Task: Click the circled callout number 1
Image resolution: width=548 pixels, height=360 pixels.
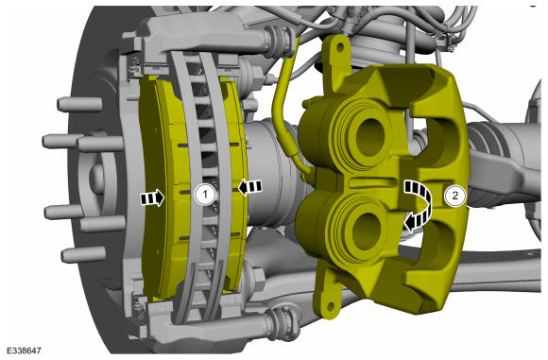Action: tap(205, 194)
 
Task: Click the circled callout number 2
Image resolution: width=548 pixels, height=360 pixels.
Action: tap(454, 196)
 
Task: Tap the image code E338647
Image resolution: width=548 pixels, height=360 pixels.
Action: tap(24, 351)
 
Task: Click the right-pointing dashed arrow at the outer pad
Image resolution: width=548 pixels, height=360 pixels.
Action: tap(152, 198)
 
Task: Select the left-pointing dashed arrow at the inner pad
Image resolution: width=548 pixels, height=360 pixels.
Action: tap(249, 187)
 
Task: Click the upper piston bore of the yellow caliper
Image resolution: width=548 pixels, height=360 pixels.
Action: tap(369, 133)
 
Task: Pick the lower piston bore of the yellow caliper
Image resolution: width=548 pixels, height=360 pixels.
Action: tap(366, 231)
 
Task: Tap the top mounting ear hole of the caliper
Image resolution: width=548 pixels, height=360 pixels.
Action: tap(338, 46)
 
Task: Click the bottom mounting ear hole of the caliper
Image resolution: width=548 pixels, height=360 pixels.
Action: tap(330, 306)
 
